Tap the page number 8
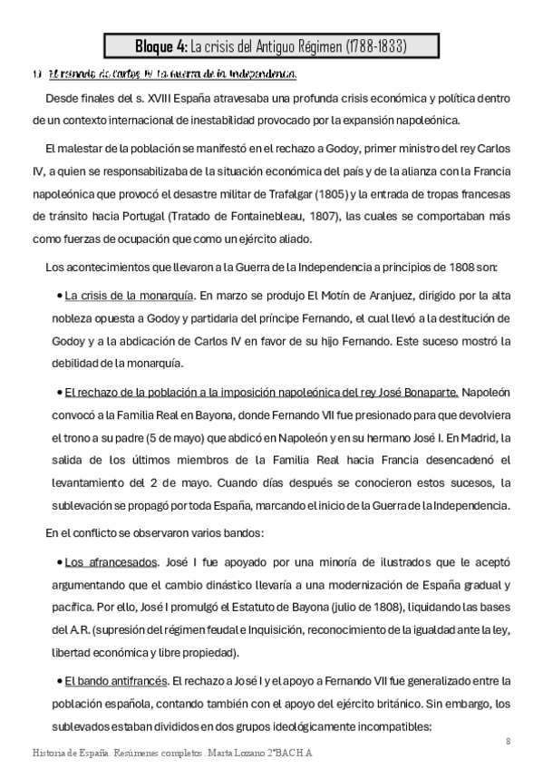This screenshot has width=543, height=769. pyautogui.click(x=509, y=741)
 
